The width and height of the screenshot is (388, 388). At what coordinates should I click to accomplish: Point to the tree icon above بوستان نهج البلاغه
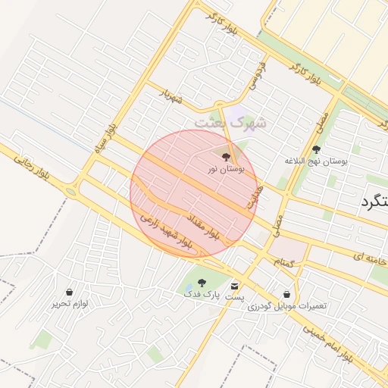[x=316, y=149]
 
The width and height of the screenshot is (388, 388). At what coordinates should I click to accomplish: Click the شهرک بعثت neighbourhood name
[x=230, y=122]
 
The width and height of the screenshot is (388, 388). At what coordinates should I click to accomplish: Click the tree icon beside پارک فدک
[x=202, y=282]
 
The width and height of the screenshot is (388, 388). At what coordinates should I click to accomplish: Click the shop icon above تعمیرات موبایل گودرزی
[x=287, y=294]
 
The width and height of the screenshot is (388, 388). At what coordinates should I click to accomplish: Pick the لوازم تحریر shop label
[x=70, y=303]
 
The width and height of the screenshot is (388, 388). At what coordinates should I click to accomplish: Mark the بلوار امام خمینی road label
[x=328, y=342]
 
